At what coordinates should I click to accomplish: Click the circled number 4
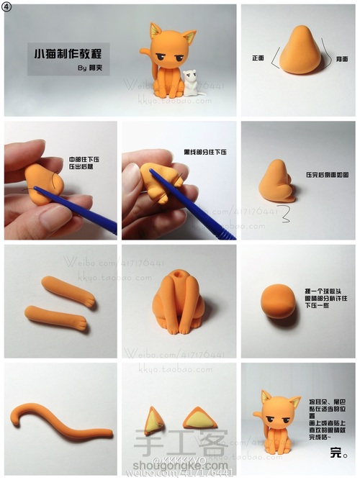[7, 8]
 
